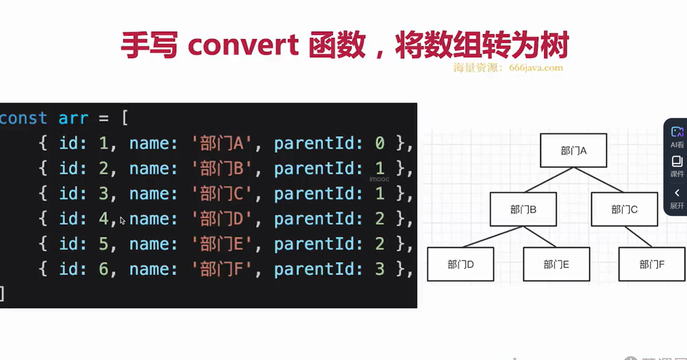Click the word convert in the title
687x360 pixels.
[x=243, y=45]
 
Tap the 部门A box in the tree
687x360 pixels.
[x=573, y=150]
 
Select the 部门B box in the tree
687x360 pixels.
[x=523, y=209]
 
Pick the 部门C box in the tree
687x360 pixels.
[x=624, y=209]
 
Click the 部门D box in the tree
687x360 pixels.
[x=460, y=264]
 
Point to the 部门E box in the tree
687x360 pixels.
[x=556, y=264]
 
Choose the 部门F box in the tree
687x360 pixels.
[x=652, y=264]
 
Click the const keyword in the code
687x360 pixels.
[x=23, y=118]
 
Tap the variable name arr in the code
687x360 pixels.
[x=73, y=118]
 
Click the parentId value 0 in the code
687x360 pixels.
[x=380, y=143]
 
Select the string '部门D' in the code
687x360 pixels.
[x=222, y=219]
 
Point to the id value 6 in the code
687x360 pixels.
[x=103, y=269]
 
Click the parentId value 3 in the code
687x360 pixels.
[x=380, y=269]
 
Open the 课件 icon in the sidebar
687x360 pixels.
[x=677, y=166]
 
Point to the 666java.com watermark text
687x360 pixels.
[x=535, y=68]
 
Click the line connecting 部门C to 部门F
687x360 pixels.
[x=638, y=236]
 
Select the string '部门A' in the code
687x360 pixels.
[x=222, y=143]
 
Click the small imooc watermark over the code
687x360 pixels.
[x=379, y=179]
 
